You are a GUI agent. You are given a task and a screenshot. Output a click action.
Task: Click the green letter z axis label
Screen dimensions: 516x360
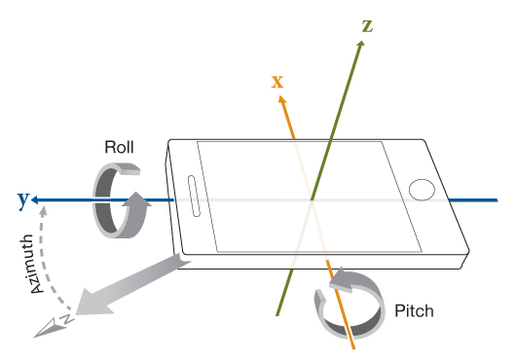click(x=367, y=26)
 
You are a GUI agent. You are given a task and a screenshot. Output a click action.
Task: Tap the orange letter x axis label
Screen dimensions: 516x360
click(x=277, y=82)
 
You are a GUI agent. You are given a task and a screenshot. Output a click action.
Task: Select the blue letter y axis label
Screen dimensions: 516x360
click(x=23, y=199)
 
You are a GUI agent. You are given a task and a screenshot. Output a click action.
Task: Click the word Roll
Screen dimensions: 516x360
click(x=119, y=147)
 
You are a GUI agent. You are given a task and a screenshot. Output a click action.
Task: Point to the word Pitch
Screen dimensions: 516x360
click(x=414, y=310)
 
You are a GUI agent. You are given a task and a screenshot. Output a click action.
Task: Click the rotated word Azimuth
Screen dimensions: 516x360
click(x=32, y=264)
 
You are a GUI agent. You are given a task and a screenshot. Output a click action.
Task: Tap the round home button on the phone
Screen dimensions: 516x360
click(x=422, y=190)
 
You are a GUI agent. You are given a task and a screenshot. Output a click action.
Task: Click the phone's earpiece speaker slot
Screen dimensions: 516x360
click(x=194, y=197)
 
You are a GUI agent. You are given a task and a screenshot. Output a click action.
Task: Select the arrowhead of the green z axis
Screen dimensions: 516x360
click(x=361, y=45)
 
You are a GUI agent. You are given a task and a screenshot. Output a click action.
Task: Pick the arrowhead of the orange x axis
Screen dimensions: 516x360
click(x=282, y=99)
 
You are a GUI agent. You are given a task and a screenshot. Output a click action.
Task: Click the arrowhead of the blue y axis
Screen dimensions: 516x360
click(x=35, y=199)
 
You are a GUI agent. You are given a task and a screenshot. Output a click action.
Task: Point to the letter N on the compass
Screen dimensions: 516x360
click(x=67, y=318)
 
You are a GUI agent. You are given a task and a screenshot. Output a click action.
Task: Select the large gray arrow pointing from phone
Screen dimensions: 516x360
click(x=131, y=285)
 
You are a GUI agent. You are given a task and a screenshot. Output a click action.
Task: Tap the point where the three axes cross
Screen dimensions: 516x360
click(x=312, y=199)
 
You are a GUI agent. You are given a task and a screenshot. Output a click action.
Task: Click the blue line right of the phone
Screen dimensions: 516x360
click(x=473, y=199)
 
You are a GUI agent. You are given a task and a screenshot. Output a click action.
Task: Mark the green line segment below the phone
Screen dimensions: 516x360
click(x=285, y=292)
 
